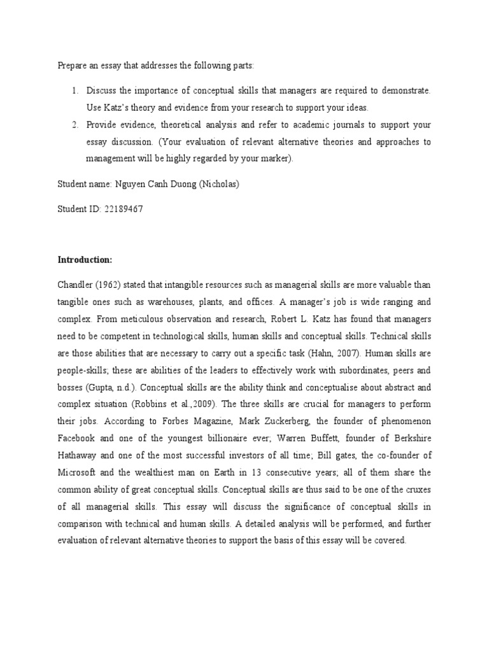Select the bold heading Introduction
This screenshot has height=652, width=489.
coord(85,260)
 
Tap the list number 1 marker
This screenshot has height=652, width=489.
coord(74,91)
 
